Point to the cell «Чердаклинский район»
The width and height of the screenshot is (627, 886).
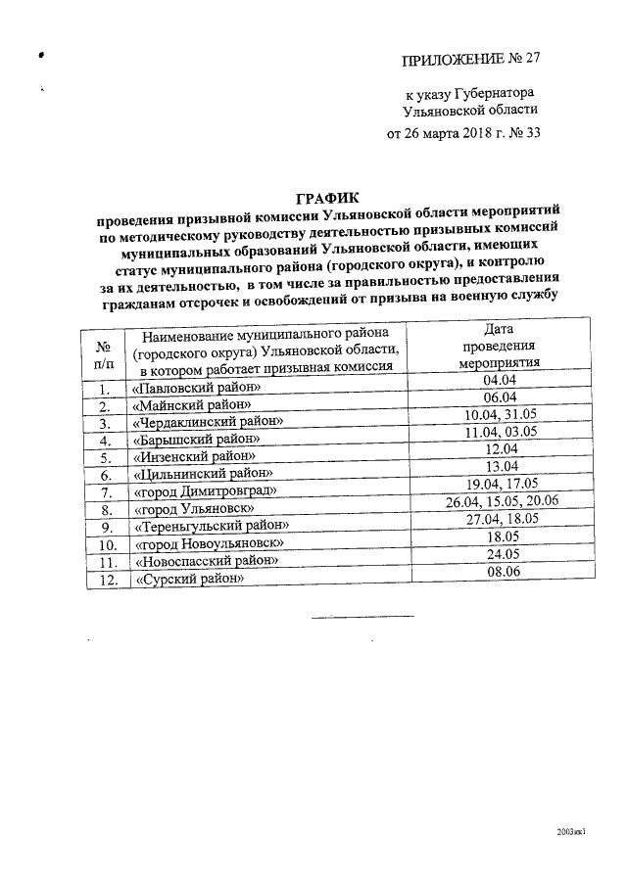[x=208, y=422]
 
